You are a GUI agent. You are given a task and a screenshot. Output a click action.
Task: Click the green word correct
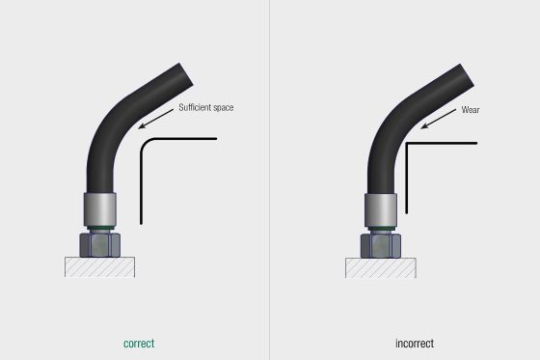[x=138, y=343]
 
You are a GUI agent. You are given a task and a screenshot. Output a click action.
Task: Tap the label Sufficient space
[x=205, y=108]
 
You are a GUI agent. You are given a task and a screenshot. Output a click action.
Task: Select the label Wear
[x=471, y=110]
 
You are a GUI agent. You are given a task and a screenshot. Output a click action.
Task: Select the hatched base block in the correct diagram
[x=99, y=267]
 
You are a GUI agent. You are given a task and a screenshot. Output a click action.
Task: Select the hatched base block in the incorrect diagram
[x=379, y=267]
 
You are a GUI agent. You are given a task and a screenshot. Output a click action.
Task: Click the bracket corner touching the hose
[x=407, y=145]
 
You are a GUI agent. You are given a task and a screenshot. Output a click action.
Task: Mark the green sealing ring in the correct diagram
[x=99, y=228]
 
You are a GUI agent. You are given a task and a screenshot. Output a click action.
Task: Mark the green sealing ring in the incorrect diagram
[x=378, y=228]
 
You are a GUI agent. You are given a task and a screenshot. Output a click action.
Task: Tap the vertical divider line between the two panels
[x=269, y=180]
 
